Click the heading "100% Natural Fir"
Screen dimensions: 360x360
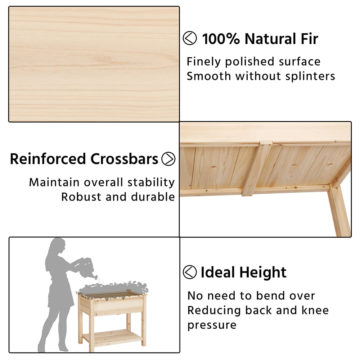pos(260,39)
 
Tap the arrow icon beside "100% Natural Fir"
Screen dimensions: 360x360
pos(190,38)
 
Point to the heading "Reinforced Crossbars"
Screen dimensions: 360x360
pos(84,159)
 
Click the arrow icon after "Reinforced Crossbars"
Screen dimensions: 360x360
pos(168,159)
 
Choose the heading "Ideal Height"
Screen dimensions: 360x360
pos(243,272)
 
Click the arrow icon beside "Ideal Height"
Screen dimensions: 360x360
pos(190,272)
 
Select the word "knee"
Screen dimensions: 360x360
pos(315,310)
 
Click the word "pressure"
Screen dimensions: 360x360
pos(212,325)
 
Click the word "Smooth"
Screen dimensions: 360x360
pos(209,76)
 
